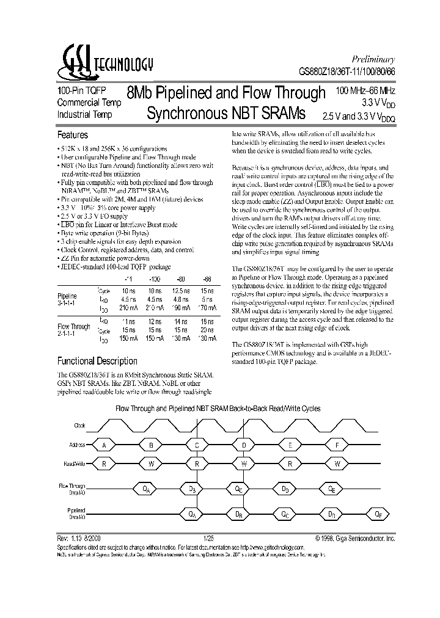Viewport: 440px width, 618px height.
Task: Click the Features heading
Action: pos(72,135)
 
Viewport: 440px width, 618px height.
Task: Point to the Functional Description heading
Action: pos(97,361)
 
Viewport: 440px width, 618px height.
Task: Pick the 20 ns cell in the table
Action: pos(208,330)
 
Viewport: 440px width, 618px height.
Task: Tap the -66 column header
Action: pos(207,282)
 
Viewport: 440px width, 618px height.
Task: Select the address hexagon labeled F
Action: pos(337,446)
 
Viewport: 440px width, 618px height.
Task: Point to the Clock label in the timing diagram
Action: pos(79,424)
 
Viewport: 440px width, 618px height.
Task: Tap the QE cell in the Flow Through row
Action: pos(331,489)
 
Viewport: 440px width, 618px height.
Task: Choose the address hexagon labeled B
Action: pos(150,446)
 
